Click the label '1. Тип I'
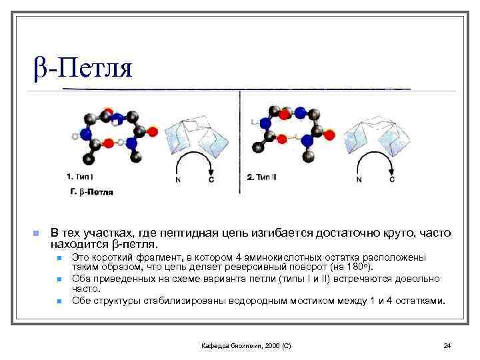point(81,178)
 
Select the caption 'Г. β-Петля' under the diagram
point(91,192)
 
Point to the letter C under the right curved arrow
point(392,180)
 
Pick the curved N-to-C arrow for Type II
point(375,163)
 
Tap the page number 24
point(447,345)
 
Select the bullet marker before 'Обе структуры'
point(59,301)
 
